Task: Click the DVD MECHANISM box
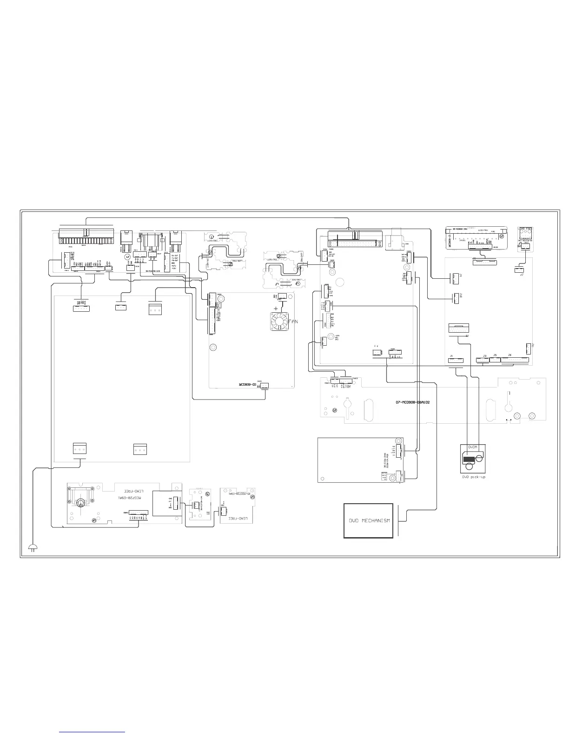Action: [x=370, y=520]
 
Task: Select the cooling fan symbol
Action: [x=280, y=322]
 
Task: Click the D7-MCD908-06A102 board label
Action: [x=410, y=402]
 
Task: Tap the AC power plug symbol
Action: [x=33, y=547]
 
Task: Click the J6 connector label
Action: [x=510, y=355]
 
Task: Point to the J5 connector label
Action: [x=495, y=355]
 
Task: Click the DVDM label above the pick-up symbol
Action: [x=472, y=447]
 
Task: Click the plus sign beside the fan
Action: [x=277, y=308]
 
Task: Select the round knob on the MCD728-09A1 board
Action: [x=80, y=502]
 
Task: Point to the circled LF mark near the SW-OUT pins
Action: [x=128, y=256]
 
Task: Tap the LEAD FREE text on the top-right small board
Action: [x=525, y=229]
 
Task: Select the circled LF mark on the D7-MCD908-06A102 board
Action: [x=335, y=410]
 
